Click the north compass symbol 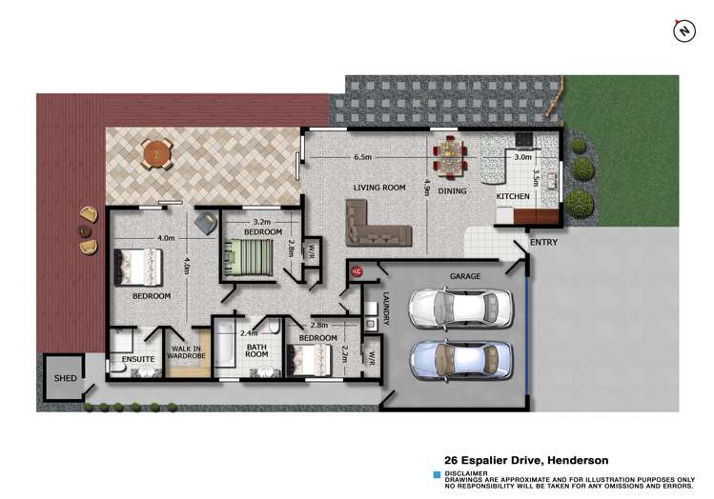[683, 30]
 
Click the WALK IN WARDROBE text [186, 353]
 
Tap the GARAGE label [464, 276]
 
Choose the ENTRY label [543, 242]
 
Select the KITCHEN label [513, 197]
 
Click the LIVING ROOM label [374, 188]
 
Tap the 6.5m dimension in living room [362, 156]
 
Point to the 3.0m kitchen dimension [522, 156]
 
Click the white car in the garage [454, 307]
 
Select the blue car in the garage [454, 360]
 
